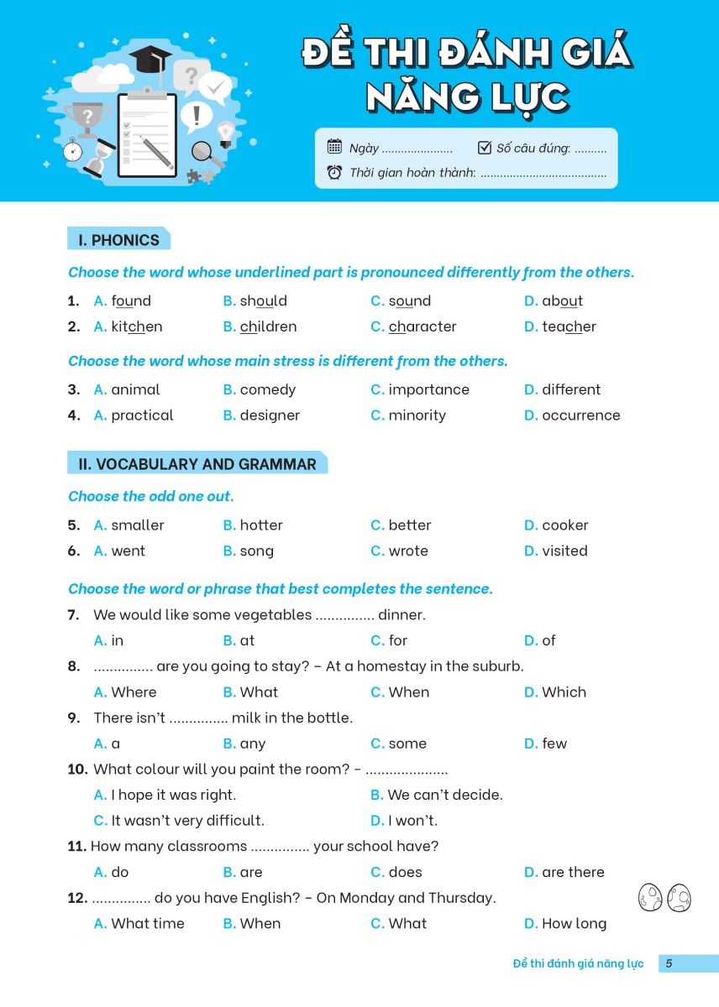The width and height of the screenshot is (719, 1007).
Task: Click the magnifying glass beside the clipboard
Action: pos(204,152)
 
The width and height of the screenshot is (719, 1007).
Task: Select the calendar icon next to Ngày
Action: pos(334,148)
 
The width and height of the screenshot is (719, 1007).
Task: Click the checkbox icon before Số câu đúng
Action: pos(484,148)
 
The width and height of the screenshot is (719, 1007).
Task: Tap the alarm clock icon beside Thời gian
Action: pos(334,173)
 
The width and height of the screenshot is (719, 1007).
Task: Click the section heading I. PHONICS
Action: pos(118,240)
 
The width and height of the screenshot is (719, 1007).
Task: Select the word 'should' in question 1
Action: pos(263,301)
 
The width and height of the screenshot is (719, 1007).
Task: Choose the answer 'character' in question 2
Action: pos(422,327)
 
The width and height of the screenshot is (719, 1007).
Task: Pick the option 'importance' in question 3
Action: pos(428,390)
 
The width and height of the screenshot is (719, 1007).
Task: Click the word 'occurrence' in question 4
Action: pos(580,415)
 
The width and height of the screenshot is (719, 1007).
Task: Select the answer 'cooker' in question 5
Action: pos(564,525)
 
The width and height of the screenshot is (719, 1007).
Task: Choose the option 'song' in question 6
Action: pos(256,551)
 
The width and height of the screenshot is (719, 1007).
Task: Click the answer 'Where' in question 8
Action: pos(134,692)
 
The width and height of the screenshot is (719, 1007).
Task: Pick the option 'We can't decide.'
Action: pos(444,795)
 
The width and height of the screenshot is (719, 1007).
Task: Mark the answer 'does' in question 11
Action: pos(405,873)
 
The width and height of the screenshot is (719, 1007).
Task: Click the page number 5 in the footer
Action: pos(669,963)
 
